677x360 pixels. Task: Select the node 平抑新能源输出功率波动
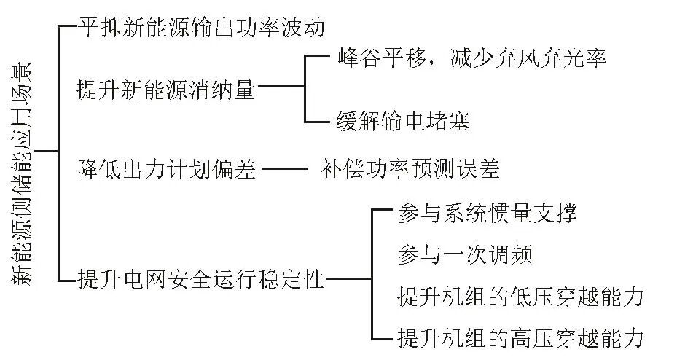coord(200,28)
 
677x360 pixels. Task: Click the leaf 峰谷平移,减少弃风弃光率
coord(473,58)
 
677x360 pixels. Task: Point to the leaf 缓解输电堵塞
coord(404,120)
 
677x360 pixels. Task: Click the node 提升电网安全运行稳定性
coord(200,278)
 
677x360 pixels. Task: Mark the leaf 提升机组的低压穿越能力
coord(521,297)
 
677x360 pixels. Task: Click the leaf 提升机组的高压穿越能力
coord(521,337)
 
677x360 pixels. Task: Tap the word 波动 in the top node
coord(304,28)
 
